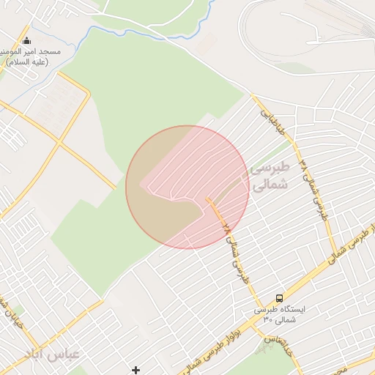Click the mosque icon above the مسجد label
pyautogui.click(x=27, y=40)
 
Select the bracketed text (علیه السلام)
pyautogui.click(x=27, y=62)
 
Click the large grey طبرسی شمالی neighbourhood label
pyautogui.click(x=270, y=177)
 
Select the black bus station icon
pyautogui.click(x=280, y=298)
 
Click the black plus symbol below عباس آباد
pyautogui.click(x=135, y=370)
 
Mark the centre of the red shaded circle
pyautogui.click(x=187, y=187)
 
